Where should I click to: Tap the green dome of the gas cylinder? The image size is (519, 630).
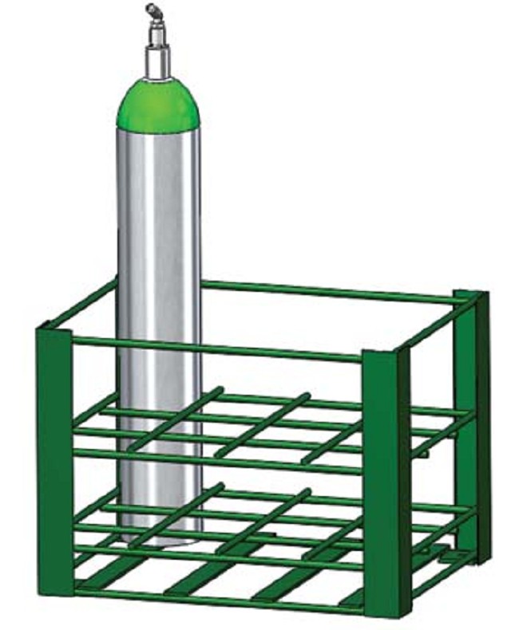point(159,104)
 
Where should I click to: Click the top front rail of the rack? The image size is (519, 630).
point(216,348)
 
